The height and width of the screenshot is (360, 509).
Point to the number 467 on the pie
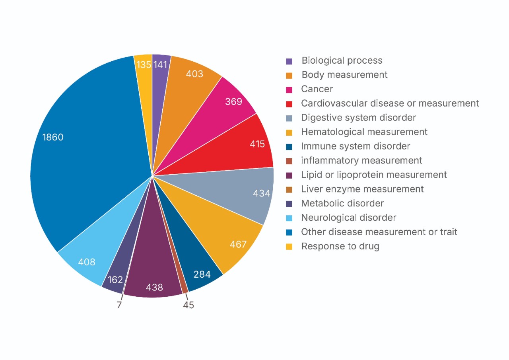238,244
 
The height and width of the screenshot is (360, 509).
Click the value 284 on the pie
202,274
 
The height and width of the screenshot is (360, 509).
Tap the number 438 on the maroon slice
154,287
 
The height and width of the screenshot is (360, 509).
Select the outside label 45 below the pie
188,306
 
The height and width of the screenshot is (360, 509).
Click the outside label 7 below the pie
119,306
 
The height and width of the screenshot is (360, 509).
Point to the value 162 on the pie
115,280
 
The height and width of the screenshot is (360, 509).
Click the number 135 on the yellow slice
143,64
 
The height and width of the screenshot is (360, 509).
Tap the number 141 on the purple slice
161,64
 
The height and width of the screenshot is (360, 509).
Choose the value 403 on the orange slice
194,74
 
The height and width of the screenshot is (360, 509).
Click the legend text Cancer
317,89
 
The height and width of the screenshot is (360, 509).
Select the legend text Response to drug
340,246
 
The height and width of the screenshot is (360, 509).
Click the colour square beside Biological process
289,61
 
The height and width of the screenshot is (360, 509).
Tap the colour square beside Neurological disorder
289,218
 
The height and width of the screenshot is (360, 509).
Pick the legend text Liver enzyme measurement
362,189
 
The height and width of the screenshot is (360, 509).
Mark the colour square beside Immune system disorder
289,147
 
